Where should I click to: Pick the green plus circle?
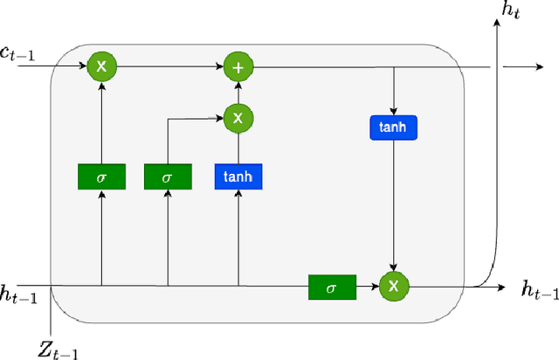(238, 66)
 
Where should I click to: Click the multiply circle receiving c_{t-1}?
(101, 66)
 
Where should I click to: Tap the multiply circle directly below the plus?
(238, 115)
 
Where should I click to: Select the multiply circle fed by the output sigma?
(394, 286)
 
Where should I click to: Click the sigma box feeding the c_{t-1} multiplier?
(101, 177)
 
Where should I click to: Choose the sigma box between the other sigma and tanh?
(168, 177)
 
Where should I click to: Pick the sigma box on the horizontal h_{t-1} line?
(332, 286)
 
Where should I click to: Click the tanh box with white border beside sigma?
(238, 177)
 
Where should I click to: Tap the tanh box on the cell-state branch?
(394, 128)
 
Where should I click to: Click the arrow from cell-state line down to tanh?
(394, 91)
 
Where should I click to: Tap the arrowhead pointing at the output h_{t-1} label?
(500, 286)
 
